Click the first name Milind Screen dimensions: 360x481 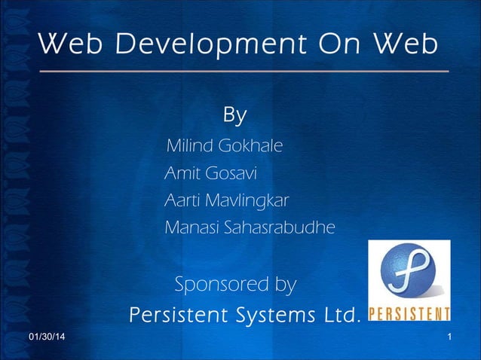(188, 145)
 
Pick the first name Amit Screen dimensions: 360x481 (181, 174)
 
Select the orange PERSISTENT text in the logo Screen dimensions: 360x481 (409, 313)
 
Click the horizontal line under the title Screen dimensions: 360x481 (244, 72)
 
